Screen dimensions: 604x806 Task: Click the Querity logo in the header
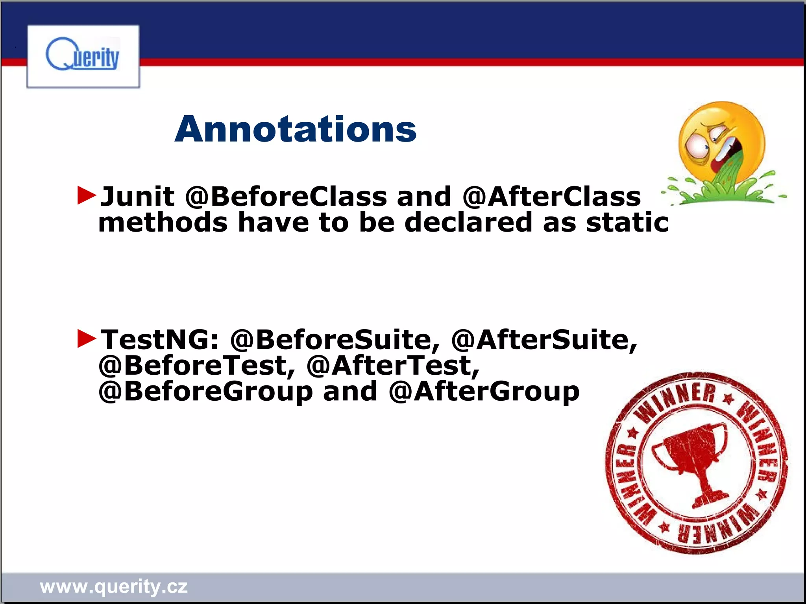pyautogui.click(x=83, y=56)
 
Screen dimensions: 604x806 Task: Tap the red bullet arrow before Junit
pyautogui.click(x=87, y=195)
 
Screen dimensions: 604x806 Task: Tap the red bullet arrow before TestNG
pyautogui.click(x=87, y=339)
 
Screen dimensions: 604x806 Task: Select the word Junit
pyautogui.click(x=137, y=196)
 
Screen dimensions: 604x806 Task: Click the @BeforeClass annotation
pyautogui.click(x=286, y=196)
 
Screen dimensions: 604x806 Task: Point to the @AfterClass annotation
pyautogui.click(x=552, y=196)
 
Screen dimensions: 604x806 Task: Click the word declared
pyautogui.click(x=468, y=222)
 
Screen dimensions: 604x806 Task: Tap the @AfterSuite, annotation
pyautogui.click(x=544, y=339)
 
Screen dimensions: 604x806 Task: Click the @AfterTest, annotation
pyautogui.click(x=394, y=365)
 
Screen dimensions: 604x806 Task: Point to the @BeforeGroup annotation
pyautogui.click(x=205, y=392)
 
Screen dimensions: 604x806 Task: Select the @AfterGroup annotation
pyautogui.click(x=484, y=392)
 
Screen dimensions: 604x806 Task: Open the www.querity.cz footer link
pyautogui.click(x=114, y=587)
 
